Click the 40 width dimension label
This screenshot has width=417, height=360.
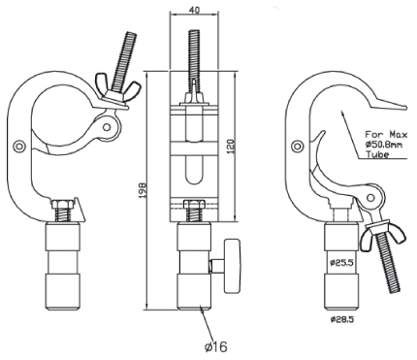point(194,10)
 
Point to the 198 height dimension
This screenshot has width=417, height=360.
point(143,191)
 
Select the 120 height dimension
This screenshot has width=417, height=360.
point(232,147)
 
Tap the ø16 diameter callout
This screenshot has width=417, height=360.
point(216,346)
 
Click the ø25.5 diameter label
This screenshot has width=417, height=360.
point(341,263)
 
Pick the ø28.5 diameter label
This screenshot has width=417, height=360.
point(342,319)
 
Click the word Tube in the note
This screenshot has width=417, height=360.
point(377,154)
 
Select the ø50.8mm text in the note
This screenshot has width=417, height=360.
point(384,145)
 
